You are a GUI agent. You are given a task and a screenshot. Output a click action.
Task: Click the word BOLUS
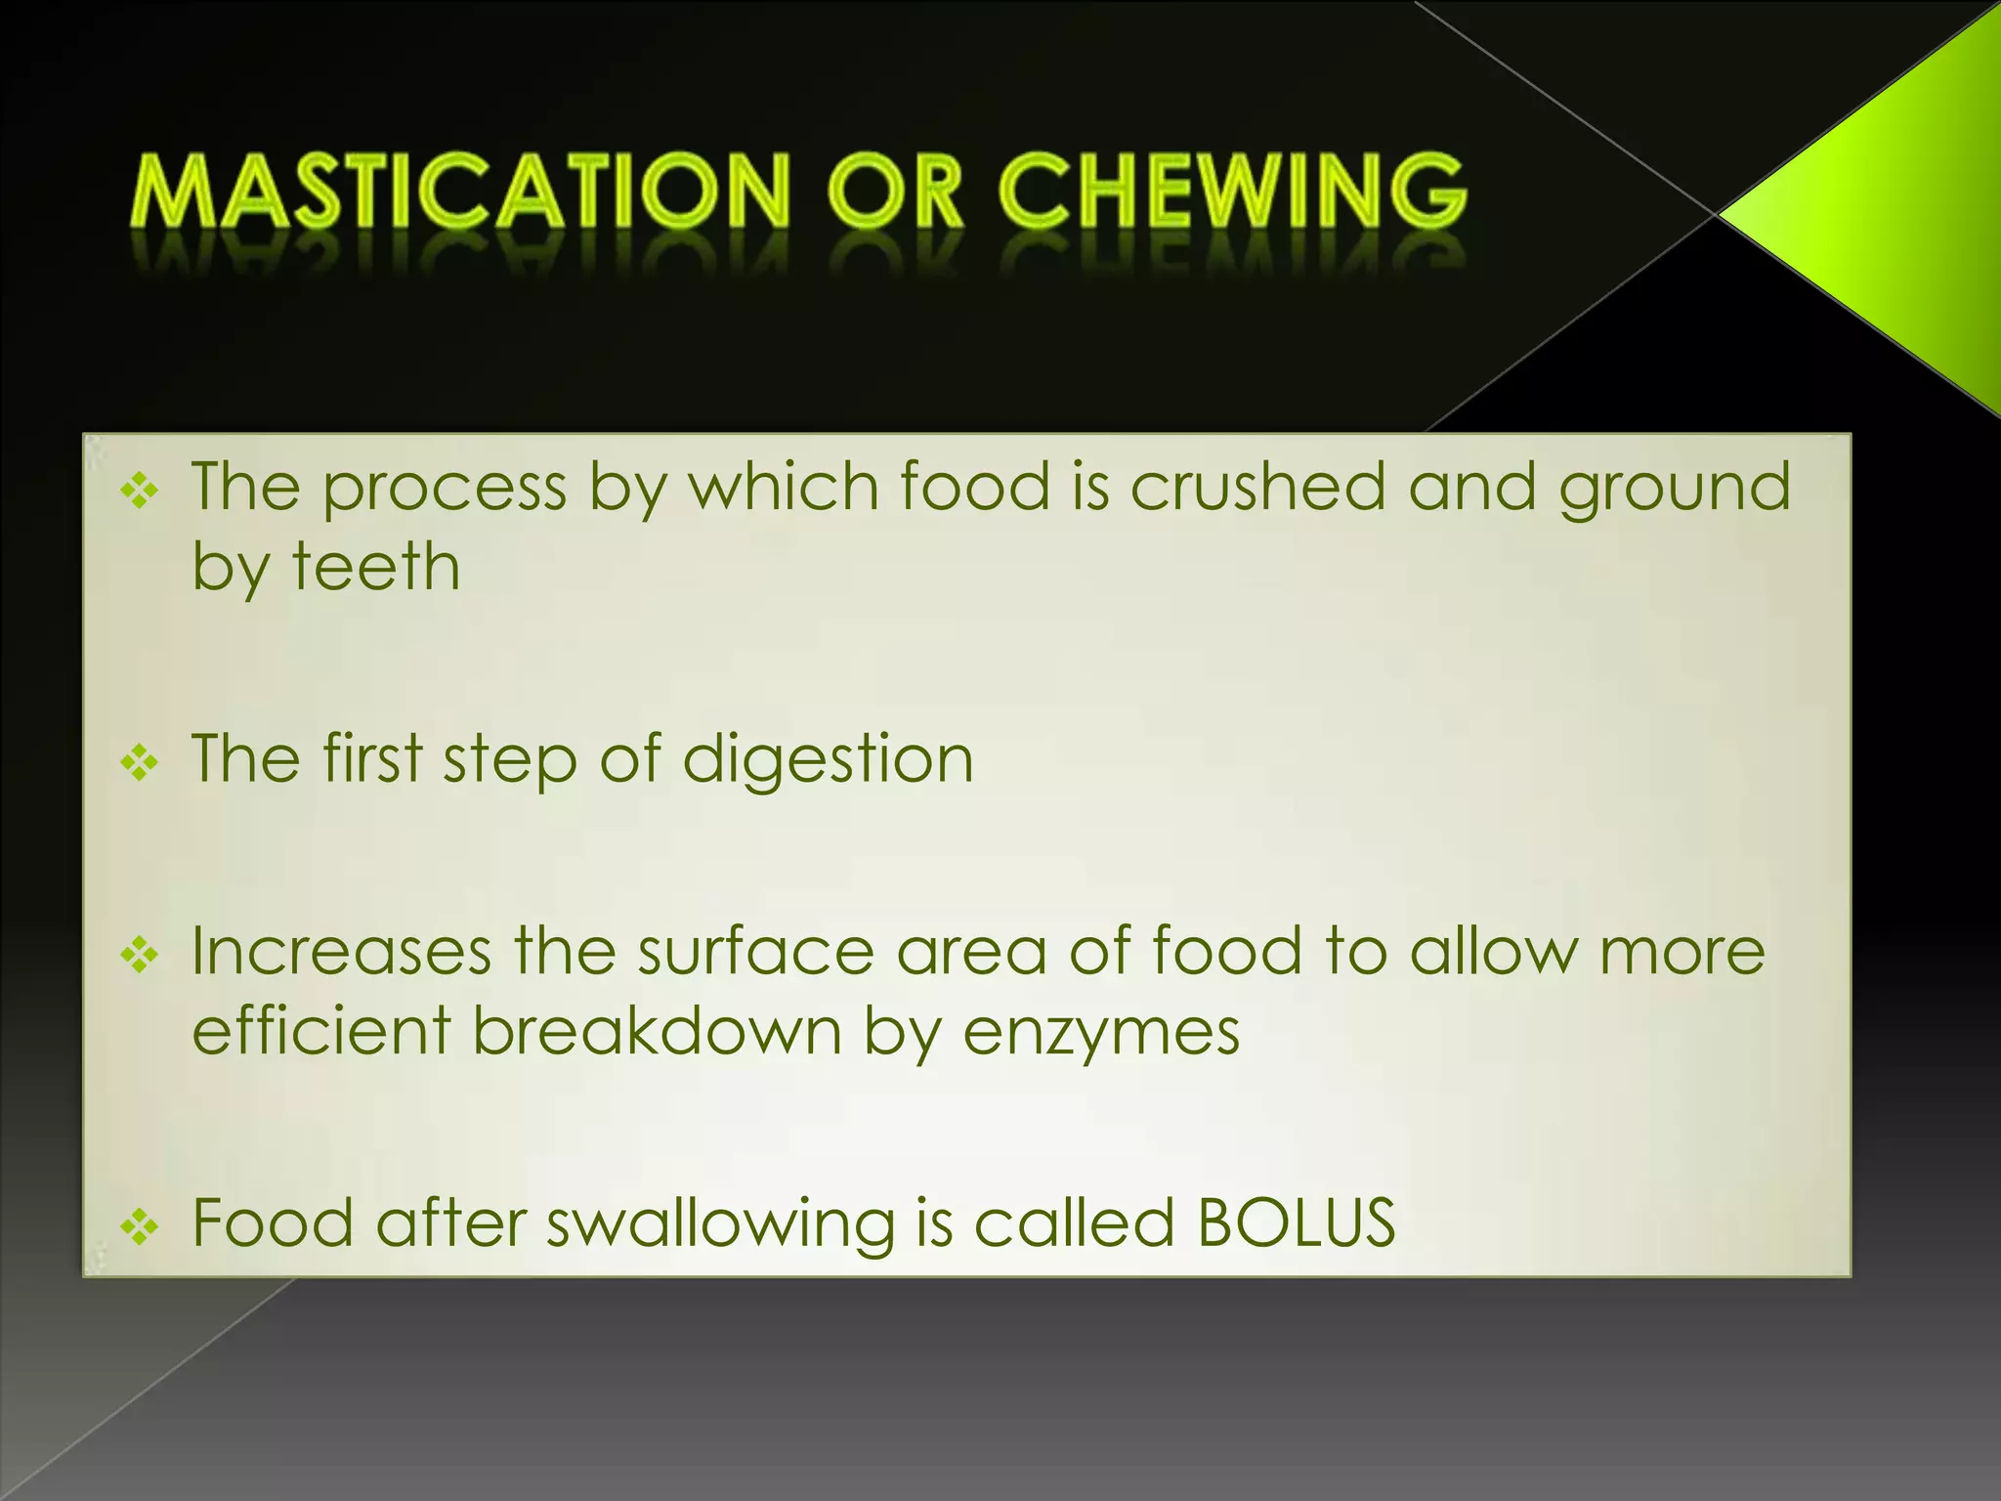click(x=1297, y=1222)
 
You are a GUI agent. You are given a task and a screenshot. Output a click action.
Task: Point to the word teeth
click(x=376, y=567)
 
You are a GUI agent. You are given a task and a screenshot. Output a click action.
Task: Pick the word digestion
click(x=828, y=758)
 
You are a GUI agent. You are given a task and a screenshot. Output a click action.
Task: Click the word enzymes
click(x=1101, y=1032)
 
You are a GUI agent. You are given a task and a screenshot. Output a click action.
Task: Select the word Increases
click(x=342, y=951)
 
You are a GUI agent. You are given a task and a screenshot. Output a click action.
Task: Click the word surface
click(x=756, y=951)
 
